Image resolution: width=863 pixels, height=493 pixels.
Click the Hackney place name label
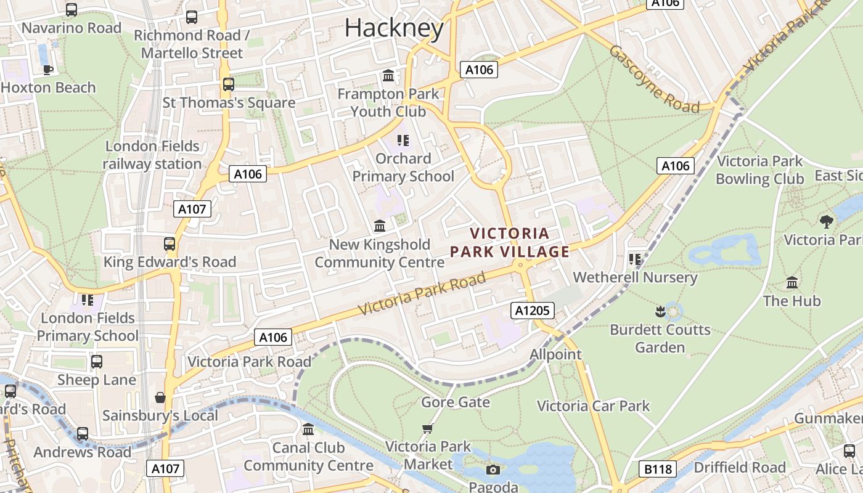(394, 28)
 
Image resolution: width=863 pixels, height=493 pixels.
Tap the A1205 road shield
(533, 311)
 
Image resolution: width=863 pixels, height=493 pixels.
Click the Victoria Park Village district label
(510, 242)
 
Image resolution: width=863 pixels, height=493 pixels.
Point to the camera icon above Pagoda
(493, 470)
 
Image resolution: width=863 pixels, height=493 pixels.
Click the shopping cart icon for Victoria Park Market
(428, 428)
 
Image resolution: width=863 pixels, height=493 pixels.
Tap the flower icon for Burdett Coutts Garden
(660, 311)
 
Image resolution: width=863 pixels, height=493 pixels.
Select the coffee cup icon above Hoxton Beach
(48, 69)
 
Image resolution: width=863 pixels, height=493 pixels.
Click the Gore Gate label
(456, 402)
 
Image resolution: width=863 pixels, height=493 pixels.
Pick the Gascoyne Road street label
(654, 79)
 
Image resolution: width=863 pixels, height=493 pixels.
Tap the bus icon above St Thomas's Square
(228, 84)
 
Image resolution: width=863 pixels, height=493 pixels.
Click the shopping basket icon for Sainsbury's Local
(160, 397)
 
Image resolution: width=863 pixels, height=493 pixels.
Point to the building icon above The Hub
(792, 283)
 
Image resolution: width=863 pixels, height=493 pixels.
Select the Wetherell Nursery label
(635, 277)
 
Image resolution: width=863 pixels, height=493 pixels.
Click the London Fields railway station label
(152, 155)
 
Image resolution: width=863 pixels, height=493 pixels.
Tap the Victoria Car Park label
(593, 406)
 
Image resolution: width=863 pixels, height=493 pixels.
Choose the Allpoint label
(555, 354)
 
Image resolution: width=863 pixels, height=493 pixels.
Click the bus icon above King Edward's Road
(170, 243)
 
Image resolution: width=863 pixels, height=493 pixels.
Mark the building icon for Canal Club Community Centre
(308, 429)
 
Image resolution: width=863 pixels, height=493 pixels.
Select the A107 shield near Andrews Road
(166, 469)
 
